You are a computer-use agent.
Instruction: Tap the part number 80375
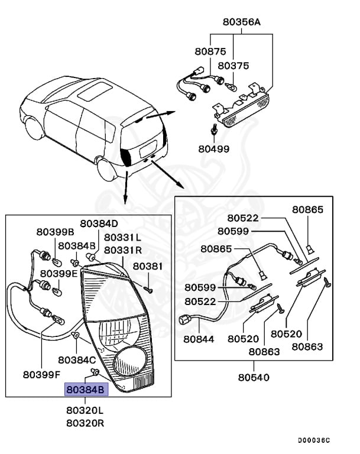click(x=233, y=66)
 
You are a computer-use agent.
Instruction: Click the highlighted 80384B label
click(x=87, y=390)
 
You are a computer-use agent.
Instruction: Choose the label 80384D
click(x=99, y=223)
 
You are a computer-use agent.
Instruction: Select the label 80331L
click(x=122, y=237)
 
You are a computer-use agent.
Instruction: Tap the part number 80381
click(x=147, y=267)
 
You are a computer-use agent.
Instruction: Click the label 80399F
click(x=42, y=374)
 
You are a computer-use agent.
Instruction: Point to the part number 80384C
click(x=77, y=359)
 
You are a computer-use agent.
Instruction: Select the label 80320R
click(x=85, y=423)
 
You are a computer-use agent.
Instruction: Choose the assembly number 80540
click(x=254, y=377)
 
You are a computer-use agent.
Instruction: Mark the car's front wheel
click(x=33, y=125)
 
